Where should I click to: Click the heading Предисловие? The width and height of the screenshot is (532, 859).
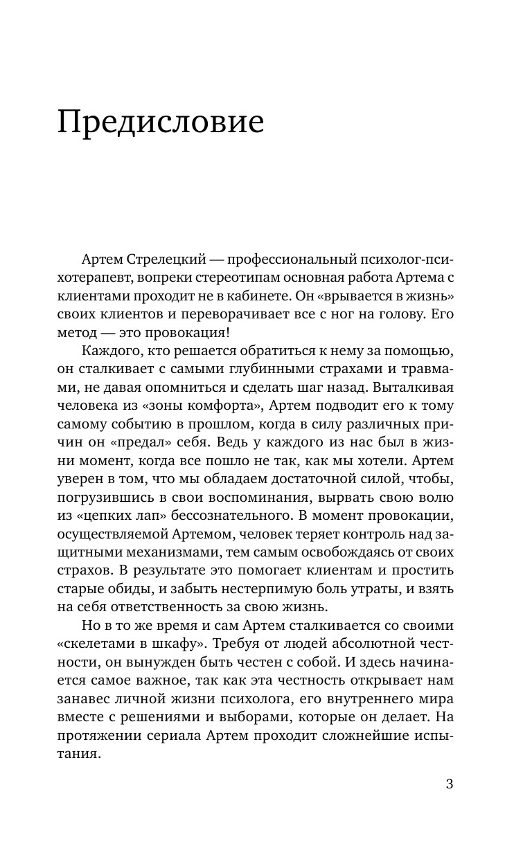tap(160, 123)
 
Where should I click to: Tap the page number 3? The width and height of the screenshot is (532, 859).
tap(449, 784)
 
